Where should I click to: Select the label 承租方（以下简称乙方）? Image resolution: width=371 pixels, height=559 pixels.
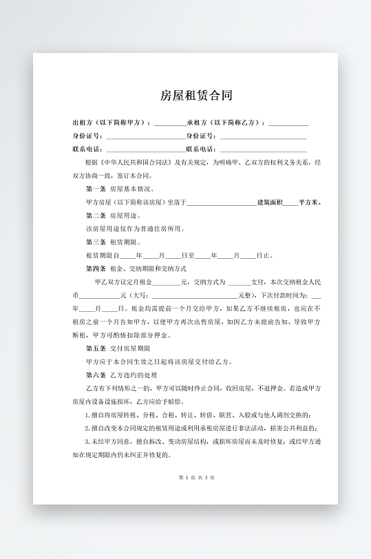[226, 123]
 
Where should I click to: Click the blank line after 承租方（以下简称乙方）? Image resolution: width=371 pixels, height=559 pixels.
[288, 125]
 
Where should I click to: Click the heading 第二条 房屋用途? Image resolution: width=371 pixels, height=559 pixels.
[114, 215]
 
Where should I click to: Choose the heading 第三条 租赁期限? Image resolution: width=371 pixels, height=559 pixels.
[114, 242]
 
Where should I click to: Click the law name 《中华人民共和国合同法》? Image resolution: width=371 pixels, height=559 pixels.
[135, 162]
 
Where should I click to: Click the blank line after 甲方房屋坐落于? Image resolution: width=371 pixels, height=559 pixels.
[221, 204]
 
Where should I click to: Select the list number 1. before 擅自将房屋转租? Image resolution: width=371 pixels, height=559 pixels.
[87, 415]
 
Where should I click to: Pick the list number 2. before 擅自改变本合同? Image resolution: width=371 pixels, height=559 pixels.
[87, 428]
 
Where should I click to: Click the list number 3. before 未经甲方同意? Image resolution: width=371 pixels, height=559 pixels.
[87, 441]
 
